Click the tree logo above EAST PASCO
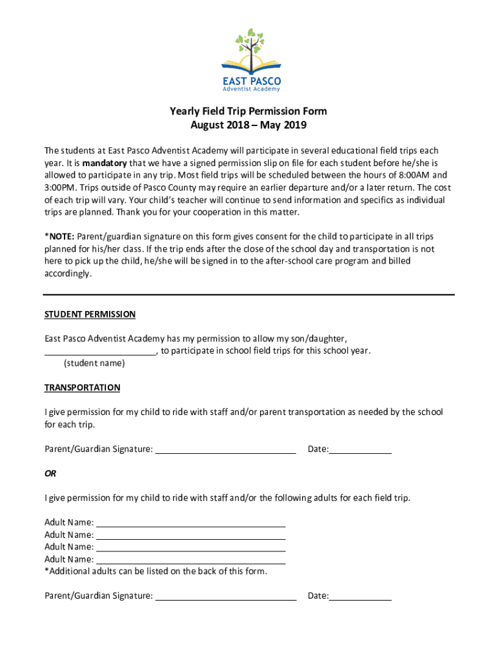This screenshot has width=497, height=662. (251, 51)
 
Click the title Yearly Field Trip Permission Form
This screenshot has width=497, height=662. (248, 111)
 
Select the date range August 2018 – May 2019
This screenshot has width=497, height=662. (248, 125)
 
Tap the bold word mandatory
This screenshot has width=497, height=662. (105, 163)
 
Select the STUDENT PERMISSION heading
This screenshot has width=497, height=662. (90, 314)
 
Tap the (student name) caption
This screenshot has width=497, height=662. (94, 363)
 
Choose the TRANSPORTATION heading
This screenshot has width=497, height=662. (82, 388)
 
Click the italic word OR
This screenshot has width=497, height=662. (50, 473)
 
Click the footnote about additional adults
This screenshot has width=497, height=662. (156, 571)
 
